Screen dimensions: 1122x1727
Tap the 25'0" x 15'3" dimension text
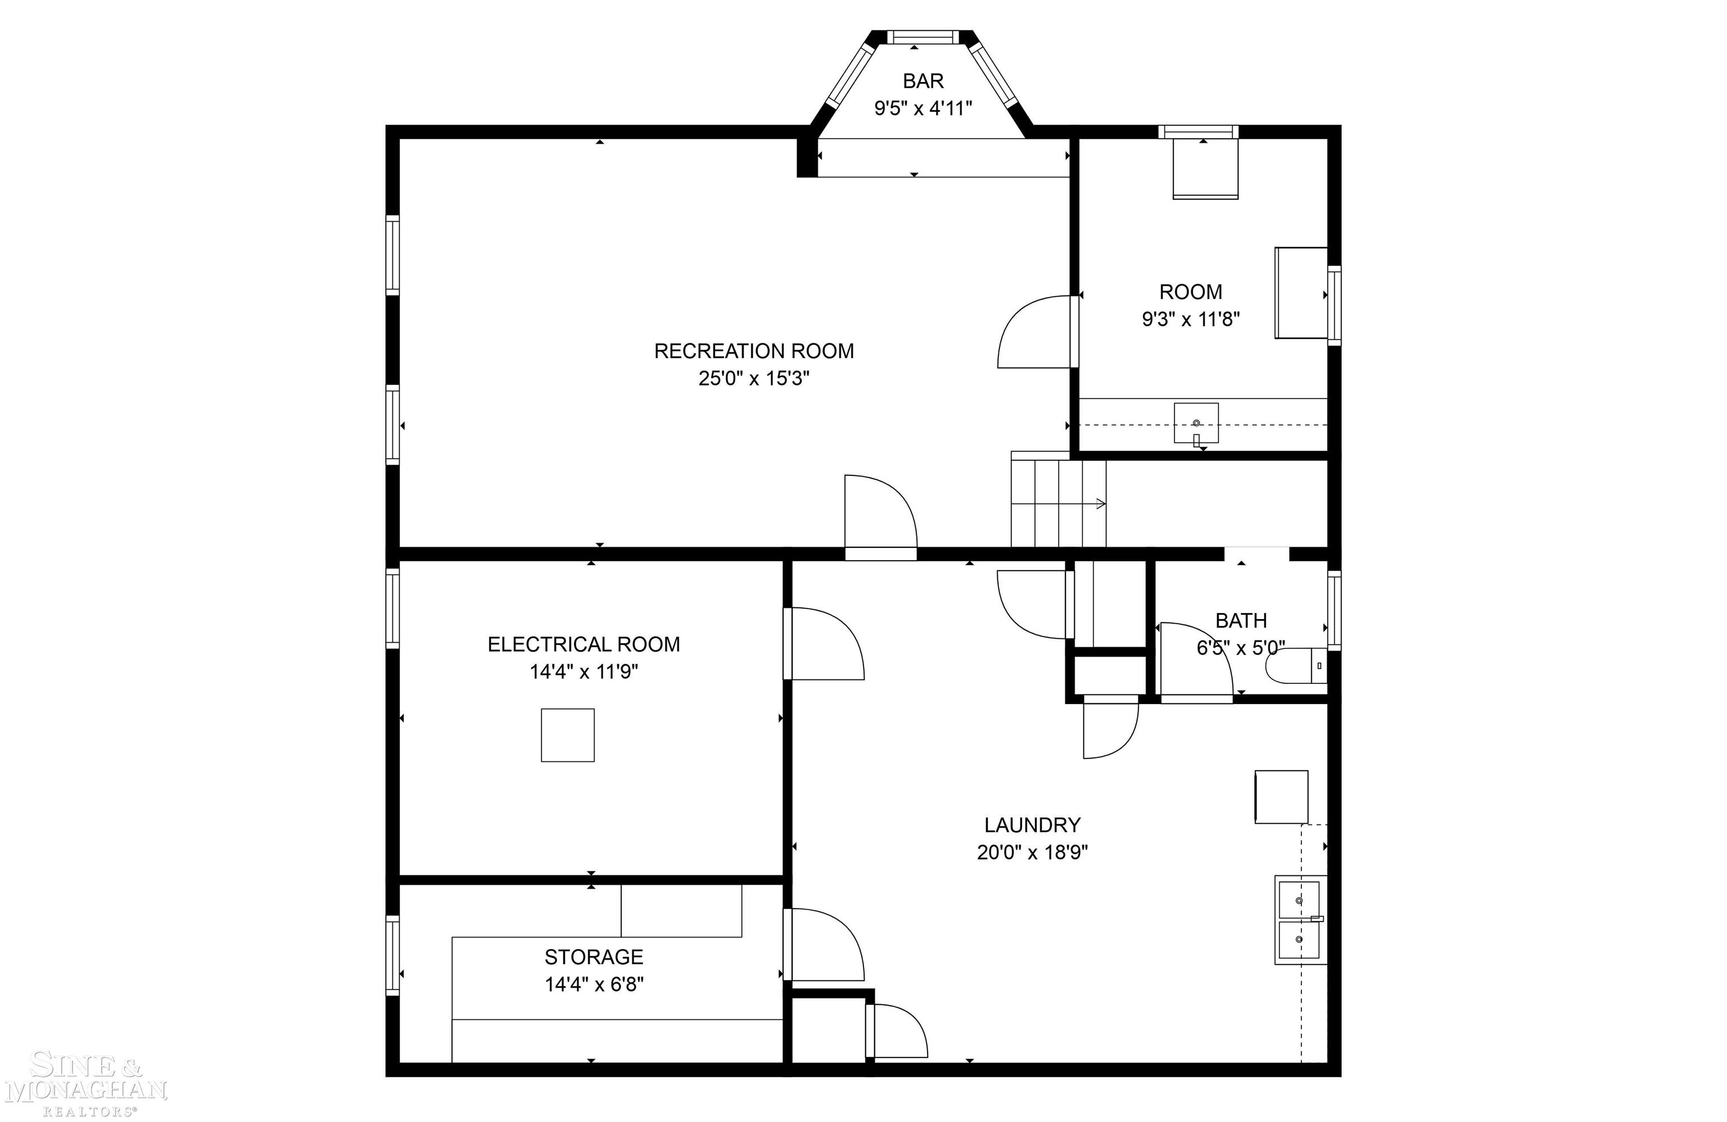(753, 379)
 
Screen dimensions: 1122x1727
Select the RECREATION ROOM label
(753, 351)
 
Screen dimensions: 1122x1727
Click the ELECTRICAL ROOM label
(584, 644)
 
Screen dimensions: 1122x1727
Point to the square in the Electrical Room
(567, 735)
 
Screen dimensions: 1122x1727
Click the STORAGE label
(594, 957)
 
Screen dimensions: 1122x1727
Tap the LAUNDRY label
(1032, 825)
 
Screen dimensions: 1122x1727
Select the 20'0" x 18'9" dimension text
(1032, 852)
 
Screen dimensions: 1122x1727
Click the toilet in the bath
(1296, 666)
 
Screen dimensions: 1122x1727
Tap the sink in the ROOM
(1196, 424)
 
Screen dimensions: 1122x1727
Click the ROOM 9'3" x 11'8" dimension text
(1190, 319)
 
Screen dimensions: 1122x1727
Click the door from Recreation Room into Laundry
(880, 515)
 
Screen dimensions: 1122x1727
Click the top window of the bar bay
(923, 37)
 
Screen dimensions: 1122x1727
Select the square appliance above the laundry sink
(1281, 796)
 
